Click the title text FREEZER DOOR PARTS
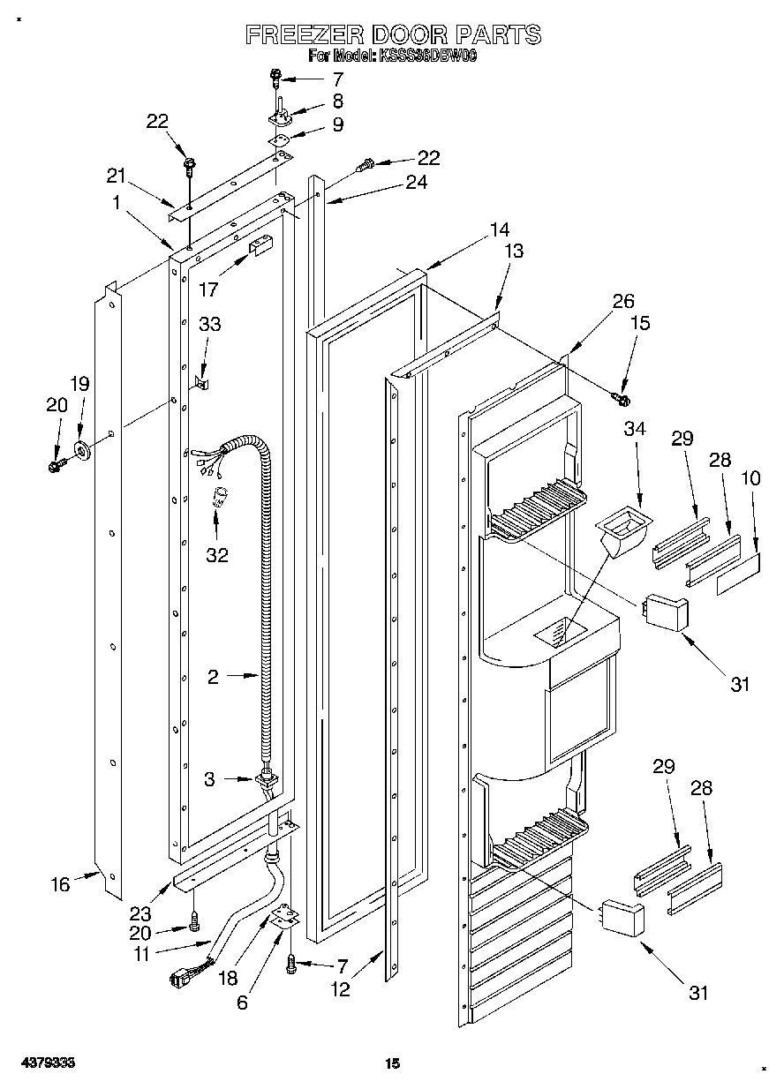tap(392, 35)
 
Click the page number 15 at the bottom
tap(392, 1063)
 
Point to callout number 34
tap(635, 429)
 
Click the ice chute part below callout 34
tap(622, 534)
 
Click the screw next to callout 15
tap(622, 399)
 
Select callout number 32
tap(216, 555)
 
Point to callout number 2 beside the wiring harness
tap(213, 677)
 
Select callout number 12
tap(340, 990)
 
